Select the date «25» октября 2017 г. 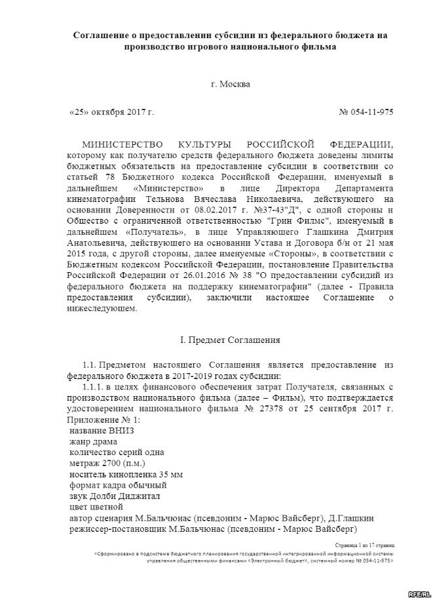[111, 112]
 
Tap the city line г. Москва [230, 84]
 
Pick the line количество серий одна [115, 452]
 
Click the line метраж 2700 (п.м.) [107, 463]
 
